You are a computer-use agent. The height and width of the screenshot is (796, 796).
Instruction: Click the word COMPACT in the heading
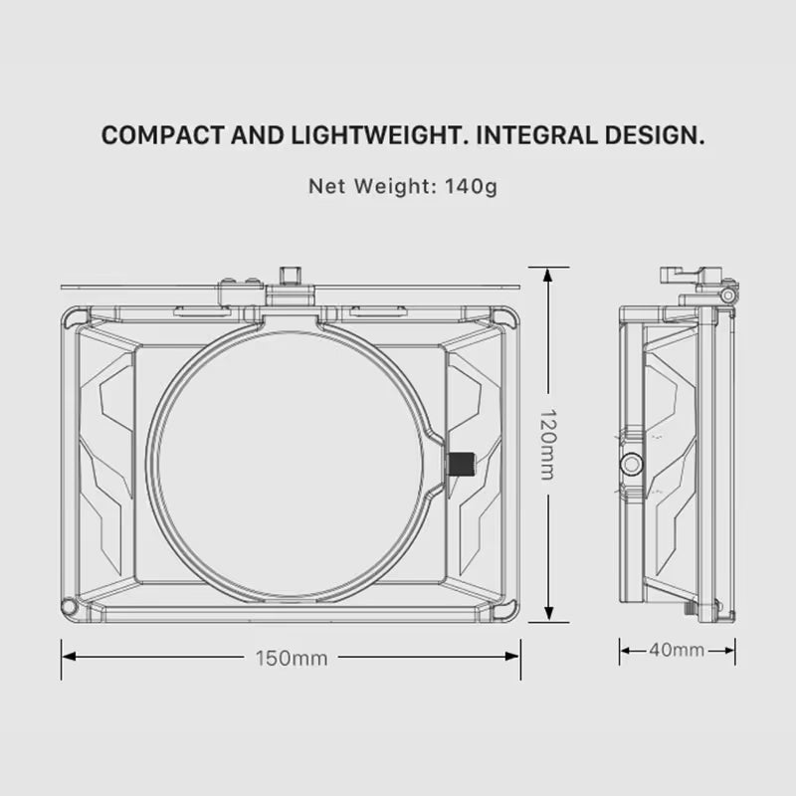click(162, 135)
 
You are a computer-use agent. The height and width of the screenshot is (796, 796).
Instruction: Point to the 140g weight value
click(471, 187)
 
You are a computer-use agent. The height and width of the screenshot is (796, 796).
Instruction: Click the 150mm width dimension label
click(292, 659)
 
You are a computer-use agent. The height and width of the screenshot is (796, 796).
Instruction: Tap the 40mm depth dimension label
click(677, 650)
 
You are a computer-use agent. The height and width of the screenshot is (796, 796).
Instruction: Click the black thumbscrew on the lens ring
click(462, 464)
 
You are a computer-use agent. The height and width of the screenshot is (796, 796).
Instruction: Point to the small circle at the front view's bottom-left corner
click(68, 606)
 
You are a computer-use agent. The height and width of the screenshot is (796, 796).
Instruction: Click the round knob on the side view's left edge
click(632, 464)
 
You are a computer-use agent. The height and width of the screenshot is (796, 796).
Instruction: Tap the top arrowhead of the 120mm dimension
click(548, 275)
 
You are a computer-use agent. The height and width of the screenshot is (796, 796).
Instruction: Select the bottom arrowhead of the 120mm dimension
click(548, 613)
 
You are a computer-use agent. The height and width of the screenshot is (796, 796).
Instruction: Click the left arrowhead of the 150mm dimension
click(69, 657)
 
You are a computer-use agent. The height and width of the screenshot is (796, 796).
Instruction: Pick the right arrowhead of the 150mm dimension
click(512, 657)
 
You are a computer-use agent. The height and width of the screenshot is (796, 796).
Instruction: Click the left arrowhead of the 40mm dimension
click(626, 651)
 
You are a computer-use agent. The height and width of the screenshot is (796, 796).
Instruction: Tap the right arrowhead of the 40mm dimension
click(729, 651)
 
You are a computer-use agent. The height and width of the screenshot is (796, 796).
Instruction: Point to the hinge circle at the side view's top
click(728, 296)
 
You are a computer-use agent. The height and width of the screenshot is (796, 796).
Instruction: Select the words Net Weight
click(369, 186)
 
